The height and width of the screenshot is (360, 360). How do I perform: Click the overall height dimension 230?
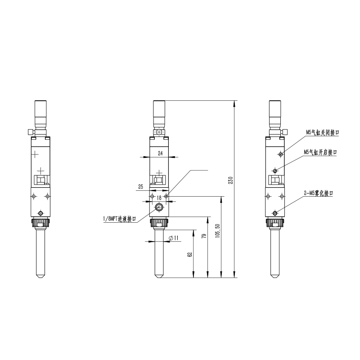[x=231, y=180]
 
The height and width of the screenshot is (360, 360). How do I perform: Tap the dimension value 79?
[x=203, y=236]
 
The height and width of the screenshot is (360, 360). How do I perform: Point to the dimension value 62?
[x=190, y=254]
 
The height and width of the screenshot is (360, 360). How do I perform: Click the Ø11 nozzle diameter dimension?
[x=174, y=238]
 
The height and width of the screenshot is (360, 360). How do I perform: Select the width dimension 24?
[x=160, y=153]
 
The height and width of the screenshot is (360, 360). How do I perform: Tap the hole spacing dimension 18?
[x=159, y=197]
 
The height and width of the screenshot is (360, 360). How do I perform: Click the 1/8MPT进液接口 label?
[x=119, y=219]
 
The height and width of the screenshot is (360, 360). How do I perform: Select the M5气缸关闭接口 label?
[x=322, y=133]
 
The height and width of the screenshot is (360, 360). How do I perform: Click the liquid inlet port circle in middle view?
[x=159, y=207]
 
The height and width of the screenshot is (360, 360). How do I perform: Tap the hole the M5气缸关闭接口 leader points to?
[x=281, y=154]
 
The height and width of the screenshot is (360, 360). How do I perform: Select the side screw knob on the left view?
[x=29, y=132]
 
